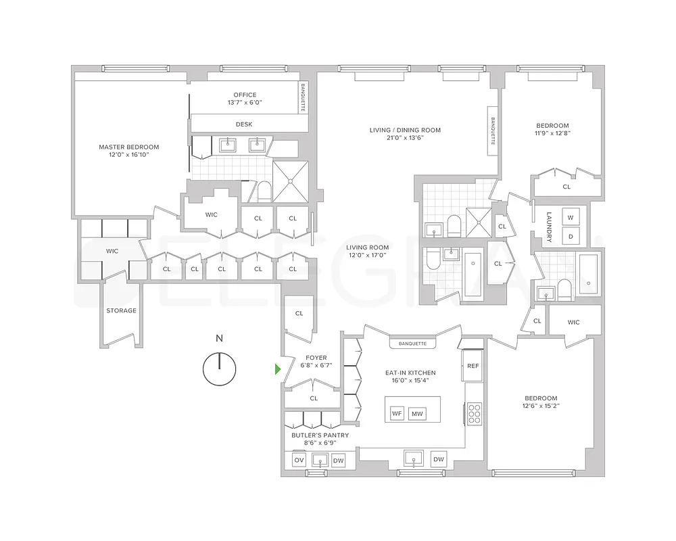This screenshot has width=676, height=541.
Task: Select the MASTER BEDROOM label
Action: coord(128,147)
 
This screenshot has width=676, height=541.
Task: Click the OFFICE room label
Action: coord(245,95)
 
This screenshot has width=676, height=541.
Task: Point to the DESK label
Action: coord(244,124)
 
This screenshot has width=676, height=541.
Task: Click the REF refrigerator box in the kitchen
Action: coord(473,365)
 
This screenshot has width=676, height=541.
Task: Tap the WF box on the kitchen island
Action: coord(397,413)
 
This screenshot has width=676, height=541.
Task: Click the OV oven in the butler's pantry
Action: coord(299,461)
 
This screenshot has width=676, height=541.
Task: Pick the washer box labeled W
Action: coord(571,218)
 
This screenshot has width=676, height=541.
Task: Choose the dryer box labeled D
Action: coord(571,236)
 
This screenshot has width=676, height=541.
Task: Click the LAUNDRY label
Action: coord(549,228)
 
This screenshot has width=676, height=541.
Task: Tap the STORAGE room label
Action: coord(121,311)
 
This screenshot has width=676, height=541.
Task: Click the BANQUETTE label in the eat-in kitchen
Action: coord(412,344)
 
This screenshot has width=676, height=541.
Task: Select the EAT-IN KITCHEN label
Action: coord(412,373)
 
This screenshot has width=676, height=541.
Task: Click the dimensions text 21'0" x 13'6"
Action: coord(405,137)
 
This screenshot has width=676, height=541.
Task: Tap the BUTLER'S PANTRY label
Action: coord(320,435)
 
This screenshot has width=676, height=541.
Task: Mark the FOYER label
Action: coord(316,358)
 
